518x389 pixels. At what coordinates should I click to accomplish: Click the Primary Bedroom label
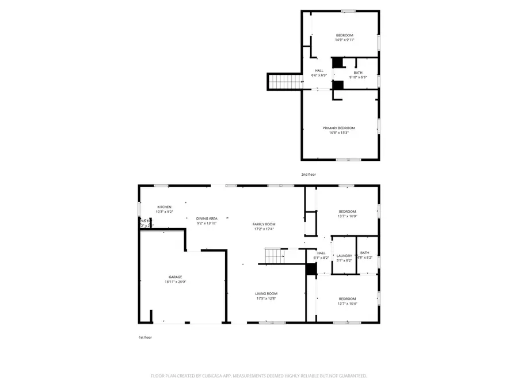pos(342,128)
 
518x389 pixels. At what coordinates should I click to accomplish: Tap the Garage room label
pos(176,277)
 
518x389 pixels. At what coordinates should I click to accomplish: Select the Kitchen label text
pos(165,207)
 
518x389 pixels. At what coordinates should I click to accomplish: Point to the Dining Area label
pos(207,218)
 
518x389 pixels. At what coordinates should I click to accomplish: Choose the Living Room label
pos(266,293)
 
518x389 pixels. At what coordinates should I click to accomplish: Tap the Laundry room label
pos(344,255)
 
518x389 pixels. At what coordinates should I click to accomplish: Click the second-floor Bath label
pos(358,73)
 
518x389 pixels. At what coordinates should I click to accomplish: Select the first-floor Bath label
pos(365,253)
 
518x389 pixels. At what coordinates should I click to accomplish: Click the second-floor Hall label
pos(319,70)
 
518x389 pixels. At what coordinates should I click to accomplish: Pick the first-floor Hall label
pos(321,253)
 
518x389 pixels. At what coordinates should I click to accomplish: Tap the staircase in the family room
pos(275,255)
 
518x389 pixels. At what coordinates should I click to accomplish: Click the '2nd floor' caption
pos(308,174)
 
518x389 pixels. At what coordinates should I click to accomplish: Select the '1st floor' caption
pos(145,338)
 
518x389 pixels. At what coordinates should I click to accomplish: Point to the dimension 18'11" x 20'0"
pos(176,282)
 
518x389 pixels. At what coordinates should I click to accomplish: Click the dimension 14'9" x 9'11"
pos(344,40)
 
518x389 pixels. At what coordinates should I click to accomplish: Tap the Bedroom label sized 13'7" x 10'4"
pos(347,299)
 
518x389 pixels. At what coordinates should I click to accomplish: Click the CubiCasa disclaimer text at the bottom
pos(258,376)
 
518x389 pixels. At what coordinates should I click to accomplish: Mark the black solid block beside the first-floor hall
pos(311,269)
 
